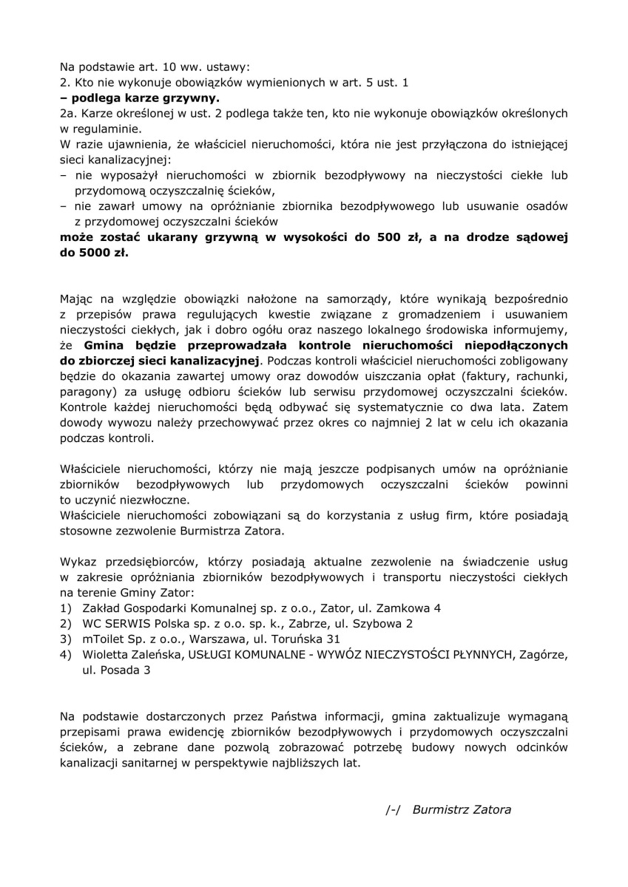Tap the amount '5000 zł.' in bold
tap(105, 252)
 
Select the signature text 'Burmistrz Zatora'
tap(462, 809)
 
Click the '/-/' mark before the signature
tap(393, 809)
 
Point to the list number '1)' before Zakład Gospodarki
tap(66, 608)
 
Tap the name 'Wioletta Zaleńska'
tap(132, 655)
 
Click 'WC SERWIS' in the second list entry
tap(111, 624)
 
